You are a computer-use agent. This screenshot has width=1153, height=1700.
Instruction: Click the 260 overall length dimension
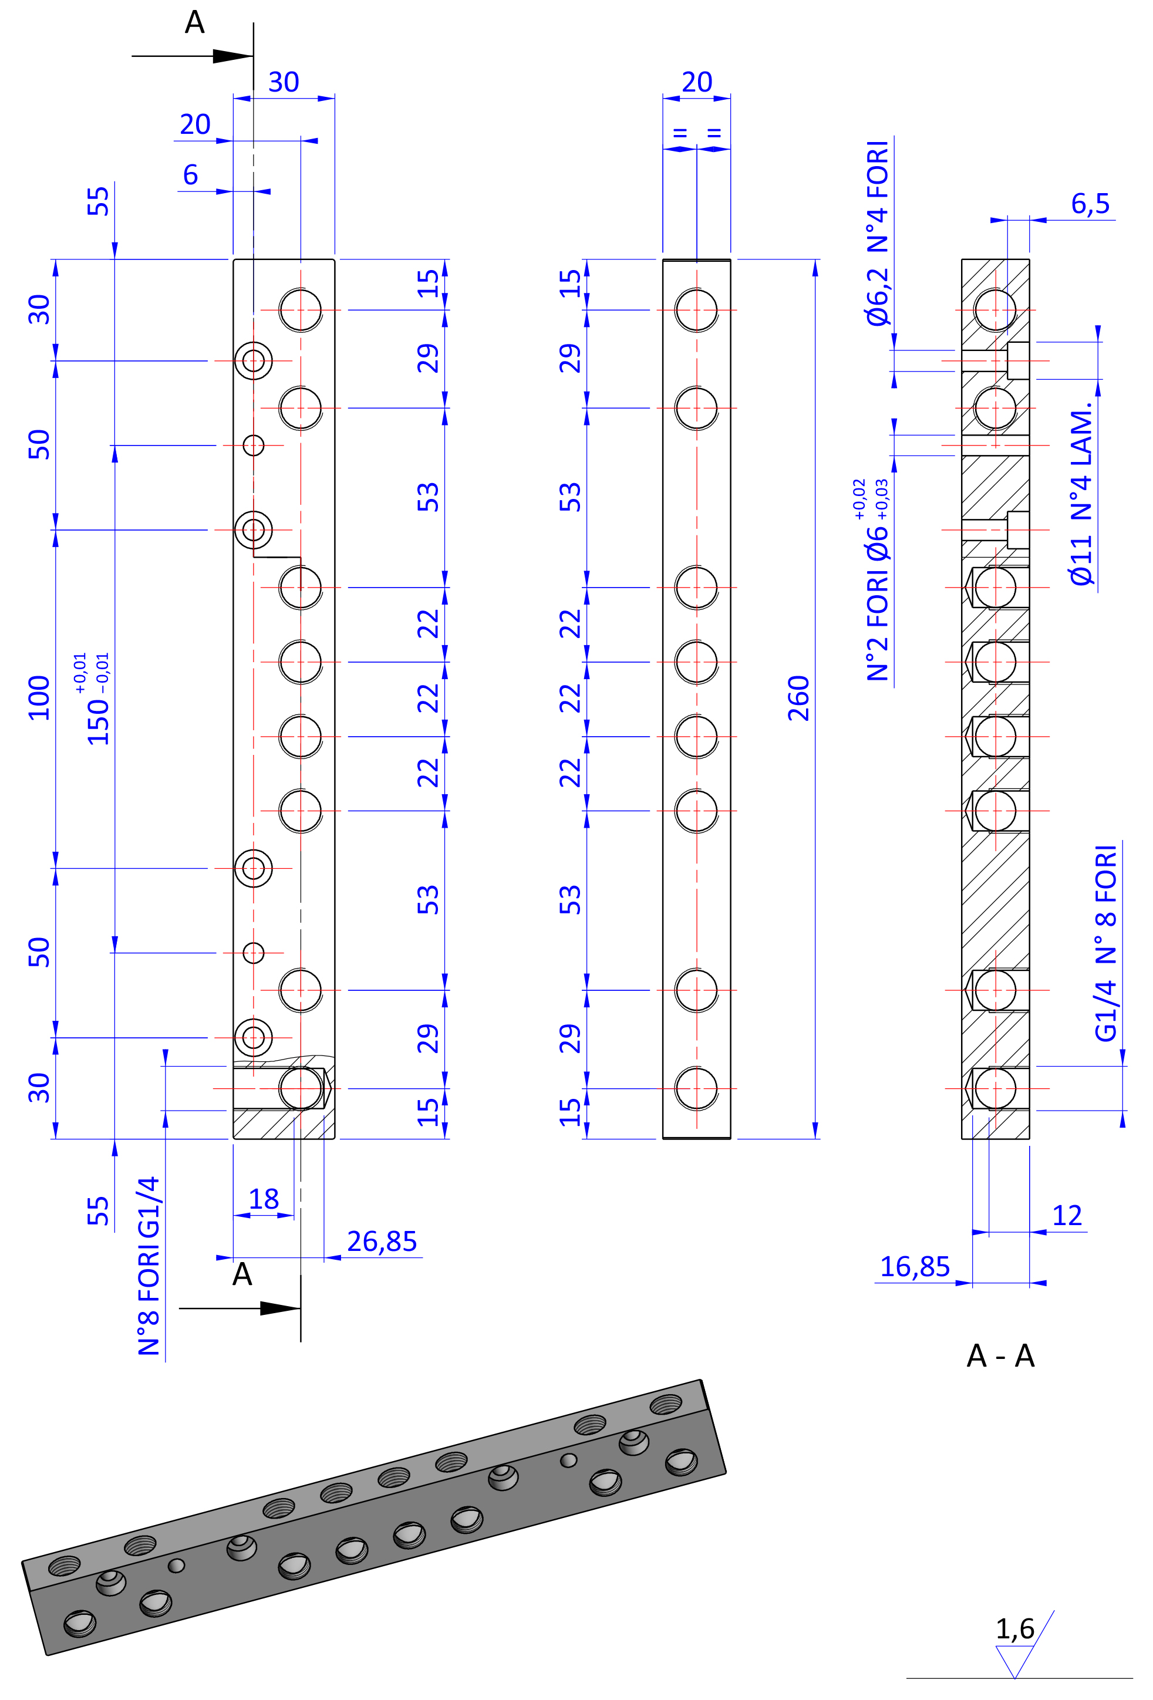(798, 699)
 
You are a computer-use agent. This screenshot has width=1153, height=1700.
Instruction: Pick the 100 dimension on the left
(39, 699)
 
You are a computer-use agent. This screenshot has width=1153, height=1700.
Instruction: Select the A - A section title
(1000, 1356)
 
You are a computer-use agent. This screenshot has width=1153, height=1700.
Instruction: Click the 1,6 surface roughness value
(1014, 1629)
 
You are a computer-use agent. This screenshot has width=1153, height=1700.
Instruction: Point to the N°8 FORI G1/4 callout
(149, 1266)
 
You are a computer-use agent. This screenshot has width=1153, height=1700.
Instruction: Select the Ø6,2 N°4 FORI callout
(877, 232)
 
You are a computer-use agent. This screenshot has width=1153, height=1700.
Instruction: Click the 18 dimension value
(264, 1200)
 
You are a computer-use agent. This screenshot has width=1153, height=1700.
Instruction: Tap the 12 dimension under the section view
(1066, 1216)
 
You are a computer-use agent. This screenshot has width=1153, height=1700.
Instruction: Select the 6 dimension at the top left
(190, 175)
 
